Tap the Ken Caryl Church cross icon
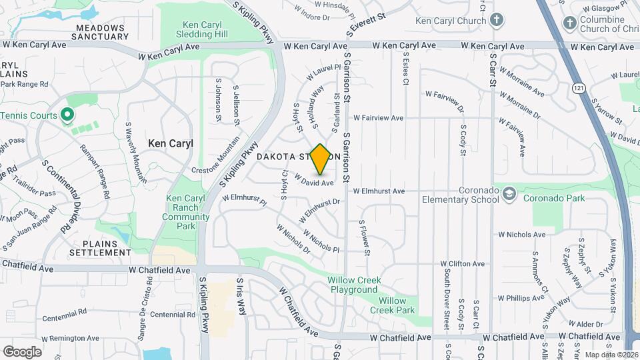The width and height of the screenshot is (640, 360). (x=497, y=21)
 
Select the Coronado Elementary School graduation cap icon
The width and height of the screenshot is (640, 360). (x=510, y=194)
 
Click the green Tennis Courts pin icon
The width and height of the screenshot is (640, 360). (x=67, y=115)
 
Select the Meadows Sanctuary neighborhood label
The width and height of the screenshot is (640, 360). (x=100, y=32)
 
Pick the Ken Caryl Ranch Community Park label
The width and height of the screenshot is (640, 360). (x=181, y=212)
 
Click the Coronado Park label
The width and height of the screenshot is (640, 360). (x=553, y=198)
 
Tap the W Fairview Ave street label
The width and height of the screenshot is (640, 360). (x=379, y=118)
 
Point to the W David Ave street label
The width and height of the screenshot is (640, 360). (x=313, y=181)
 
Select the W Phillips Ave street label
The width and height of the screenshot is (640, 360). (x=520, y=298)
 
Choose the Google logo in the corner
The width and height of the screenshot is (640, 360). (x=22, y=351)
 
